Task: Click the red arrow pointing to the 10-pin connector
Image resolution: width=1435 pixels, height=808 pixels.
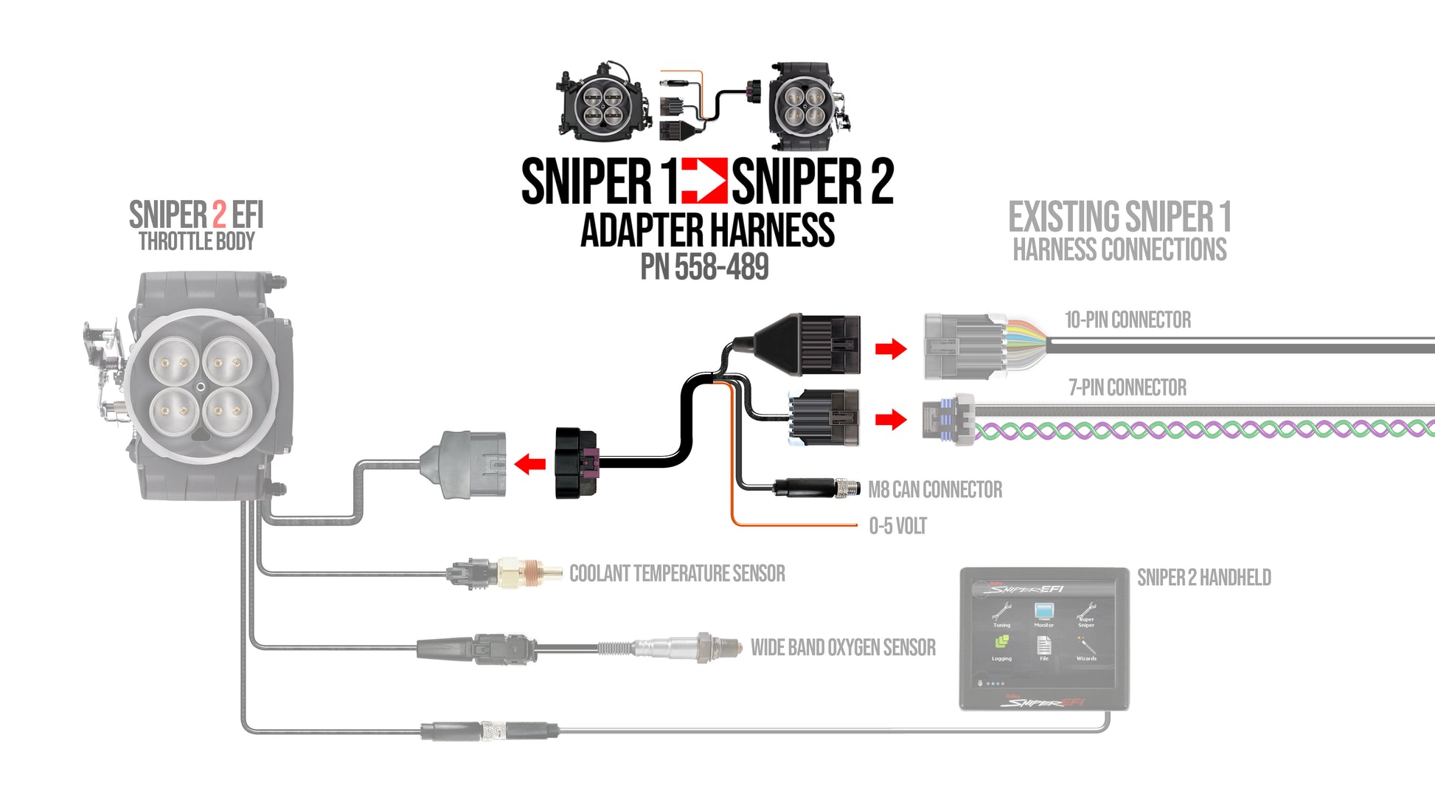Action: (x=891, y=348)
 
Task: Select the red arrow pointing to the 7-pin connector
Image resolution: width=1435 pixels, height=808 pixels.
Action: (x=891, y=419)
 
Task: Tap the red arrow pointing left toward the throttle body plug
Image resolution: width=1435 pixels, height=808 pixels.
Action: (x=529, y=464)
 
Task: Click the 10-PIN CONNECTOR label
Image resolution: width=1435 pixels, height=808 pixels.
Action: (x=1127, y=320)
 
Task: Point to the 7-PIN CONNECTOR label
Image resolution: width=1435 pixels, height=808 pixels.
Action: (x=1127, y=388)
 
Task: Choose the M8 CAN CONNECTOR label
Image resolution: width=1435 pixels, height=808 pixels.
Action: (x=935, y=490)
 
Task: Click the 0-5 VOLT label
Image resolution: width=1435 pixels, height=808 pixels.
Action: (x=897, y=526)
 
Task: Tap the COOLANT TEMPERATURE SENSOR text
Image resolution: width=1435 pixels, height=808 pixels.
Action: (x=677, y=574)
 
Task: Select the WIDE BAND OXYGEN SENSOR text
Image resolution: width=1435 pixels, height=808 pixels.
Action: (x=843, y=648)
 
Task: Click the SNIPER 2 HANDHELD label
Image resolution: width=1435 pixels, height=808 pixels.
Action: (x=1203, y=578)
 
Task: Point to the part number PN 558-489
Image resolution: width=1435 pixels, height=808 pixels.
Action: (x=704, y=267)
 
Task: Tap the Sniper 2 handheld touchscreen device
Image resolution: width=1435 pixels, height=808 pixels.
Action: (x=1043, y=639)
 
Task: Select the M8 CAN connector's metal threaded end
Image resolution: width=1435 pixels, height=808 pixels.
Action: (x=848, y=488)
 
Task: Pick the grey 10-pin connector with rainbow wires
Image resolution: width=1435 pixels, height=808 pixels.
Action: (x=966, y=346)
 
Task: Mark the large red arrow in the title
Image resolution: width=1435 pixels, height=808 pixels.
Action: (x=704, y=181)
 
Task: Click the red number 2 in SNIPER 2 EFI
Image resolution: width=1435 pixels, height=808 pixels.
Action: (x=219, y=215)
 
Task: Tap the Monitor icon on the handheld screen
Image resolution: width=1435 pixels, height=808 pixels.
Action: (x=1043, y=614)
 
